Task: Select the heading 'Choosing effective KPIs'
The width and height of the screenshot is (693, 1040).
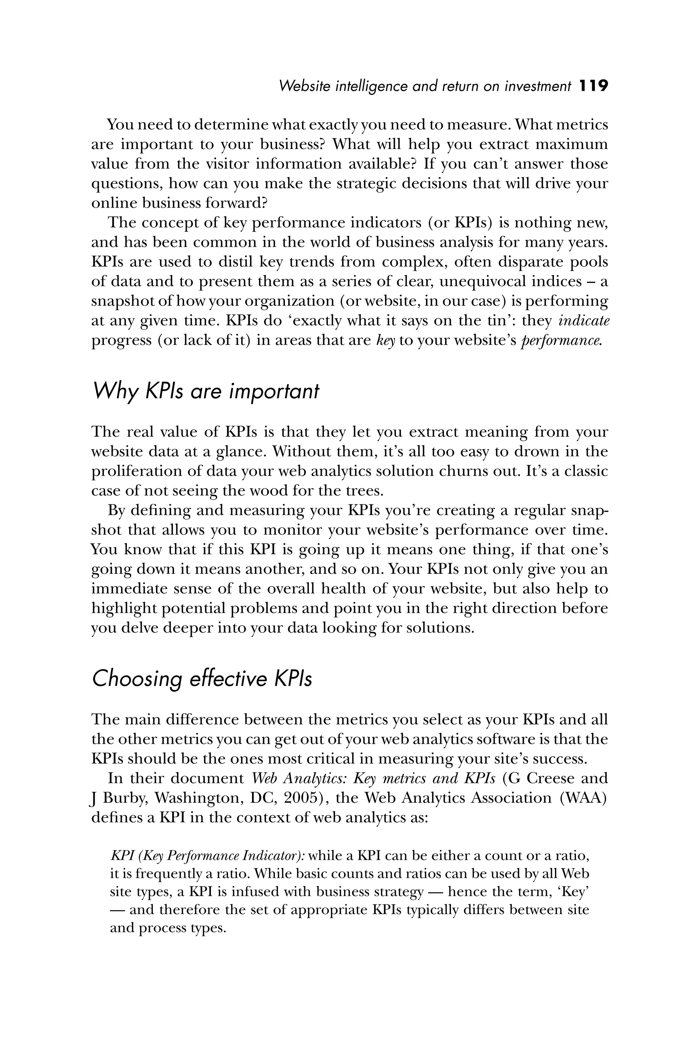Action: (x=202, y=678)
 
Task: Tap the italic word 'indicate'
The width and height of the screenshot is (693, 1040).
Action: (x=584, y=320)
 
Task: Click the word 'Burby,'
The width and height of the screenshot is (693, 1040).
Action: (x=125, y=798)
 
